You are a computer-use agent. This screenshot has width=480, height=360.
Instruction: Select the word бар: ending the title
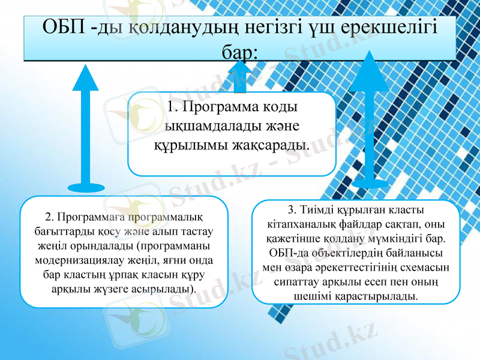click(239, 52)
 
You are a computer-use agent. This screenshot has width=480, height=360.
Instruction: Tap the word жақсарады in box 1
click(272, 145)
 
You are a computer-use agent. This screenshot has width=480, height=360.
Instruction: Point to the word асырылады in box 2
click(166, 290)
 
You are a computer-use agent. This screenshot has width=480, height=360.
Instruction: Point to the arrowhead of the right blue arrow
click(369, 72)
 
